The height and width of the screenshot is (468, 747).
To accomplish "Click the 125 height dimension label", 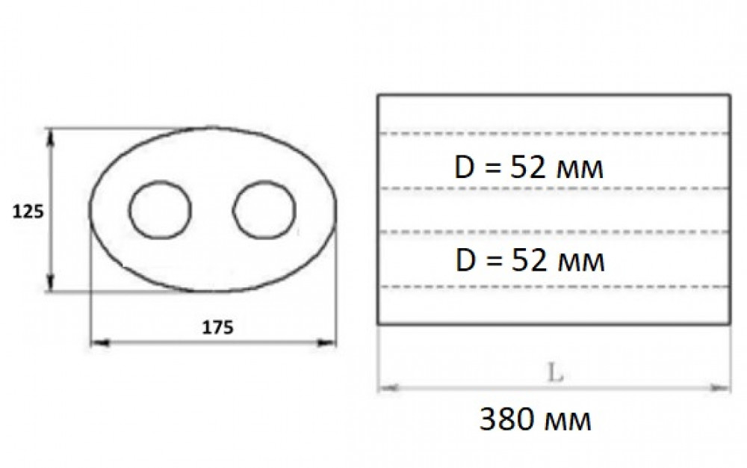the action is [28, 211].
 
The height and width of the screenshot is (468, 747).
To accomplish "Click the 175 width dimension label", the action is [217, 327].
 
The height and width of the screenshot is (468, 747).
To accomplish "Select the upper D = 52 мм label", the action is [529, 167].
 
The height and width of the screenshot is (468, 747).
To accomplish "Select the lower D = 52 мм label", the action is [530, 261].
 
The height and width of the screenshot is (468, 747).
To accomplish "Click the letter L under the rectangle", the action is [555, 373].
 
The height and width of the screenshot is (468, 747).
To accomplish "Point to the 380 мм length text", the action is [535, 420].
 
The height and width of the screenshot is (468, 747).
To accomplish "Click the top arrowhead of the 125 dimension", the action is [52, 136].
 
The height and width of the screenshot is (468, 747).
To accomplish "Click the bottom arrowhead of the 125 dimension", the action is [52, 282].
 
